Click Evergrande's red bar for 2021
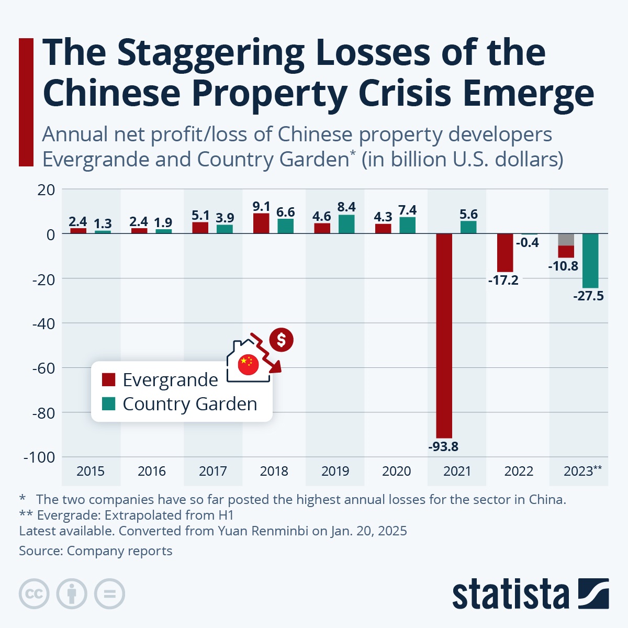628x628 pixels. pyautogui.click(x=444, y=335)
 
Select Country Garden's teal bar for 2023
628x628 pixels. pyautogui.click(x=590, y=260)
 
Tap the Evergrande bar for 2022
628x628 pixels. pyautogui.click(x=505, y=252)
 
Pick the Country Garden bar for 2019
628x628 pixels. pyautogui.click(x=346, y=224)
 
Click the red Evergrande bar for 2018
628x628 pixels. pyautogui.click(x=261, y=223)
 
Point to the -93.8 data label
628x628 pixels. pyautogui.click(x=443, y=447)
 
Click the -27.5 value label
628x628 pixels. pyautogui.click(x=588, y=296)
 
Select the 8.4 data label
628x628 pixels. pyautogui.click(x=346, y=207)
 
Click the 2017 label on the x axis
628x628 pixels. pyautogui.click(x=213, y=472)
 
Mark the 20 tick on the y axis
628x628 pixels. pyautogui.click(x=46, y=189)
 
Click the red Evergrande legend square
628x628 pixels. pyautogui.click(x=109, y=380)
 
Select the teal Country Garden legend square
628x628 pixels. pyautogui.click(x=109, y=404)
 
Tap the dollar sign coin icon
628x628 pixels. pyautogui.click(x=282, y=340)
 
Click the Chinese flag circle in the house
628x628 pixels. pyautogui.click(x=248, y=365)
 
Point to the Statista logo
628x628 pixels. pyautogui.click(x=530, y=594)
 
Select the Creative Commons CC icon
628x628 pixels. pyautogui.click(x=34, y=594)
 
